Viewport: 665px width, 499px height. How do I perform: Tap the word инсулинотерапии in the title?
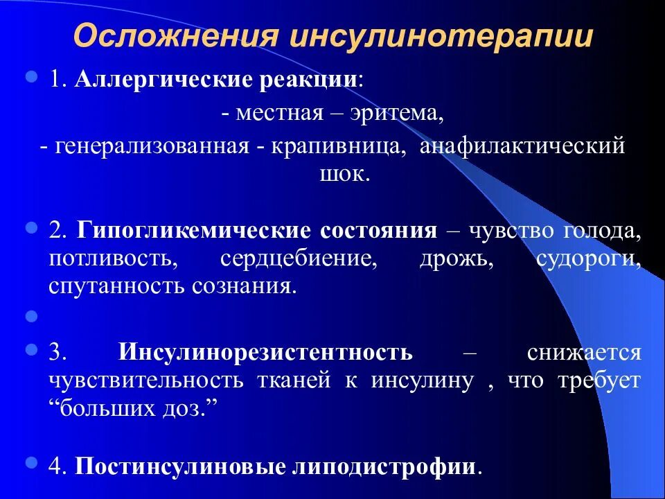pyautogui.click(x=441, y=37)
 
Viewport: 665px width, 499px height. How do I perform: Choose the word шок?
pyautogui.click(x=342, y=173)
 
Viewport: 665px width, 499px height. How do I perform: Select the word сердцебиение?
pyautogui.click(x=298, y=258)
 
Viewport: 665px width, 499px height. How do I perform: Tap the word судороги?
pyautogui.click(x=588, y=258)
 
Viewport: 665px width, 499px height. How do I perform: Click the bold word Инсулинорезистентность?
pyautogui.click(x=265, y=352)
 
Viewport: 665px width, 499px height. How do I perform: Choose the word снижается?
pyautogui.click(x=583, y=352)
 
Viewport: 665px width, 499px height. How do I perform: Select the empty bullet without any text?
pyautogui.click(x=30, y=317)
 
